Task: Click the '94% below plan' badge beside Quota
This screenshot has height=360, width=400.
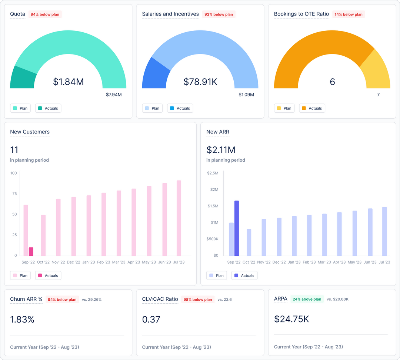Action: [x=45, y=14]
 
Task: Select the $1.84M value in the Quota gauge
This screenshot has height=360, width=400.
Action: [x=68, y=82]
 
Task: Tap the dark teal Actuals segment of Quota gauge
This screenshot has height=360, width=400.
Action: [x=22, y=78]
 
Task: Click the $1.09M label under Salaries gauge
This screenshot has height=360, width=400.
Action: [x=246, y=95]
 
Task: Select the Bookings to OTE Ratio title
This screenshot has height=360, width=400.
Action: [x=301, y=14]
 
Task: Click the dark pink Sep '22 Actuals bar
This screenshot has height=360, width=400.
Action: [x=31, y=251]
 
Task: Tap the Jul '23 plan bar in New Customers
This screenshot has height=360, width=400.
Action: [x=179, y=218]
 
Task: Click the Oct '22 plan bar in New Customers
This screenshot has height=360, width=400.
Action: [x=43, y=235]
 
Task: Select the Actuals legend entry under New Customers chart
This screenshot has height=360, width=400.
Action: [x=48, y=275]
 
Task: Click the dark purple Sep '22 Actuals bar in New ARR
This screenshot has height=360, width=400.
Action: [x=237, y=228]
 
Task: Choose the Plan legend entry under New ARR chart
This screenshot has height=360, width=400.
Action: [x=217, y=275]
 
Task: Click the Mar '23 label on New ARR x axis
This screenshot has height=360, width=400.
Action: [x=324, y=262]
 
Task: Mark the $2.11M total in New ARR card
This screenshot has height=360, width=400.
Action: [x=221, y=150]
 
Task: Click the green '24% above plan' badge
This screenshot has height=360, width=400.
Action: [x=307, y=299]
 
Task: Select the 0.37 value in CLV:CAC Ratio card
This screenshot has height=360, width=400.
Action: [x=151, y=319]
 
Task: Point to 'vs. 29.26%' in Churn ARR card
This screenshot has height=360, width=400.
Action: [x=91, y=300]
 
